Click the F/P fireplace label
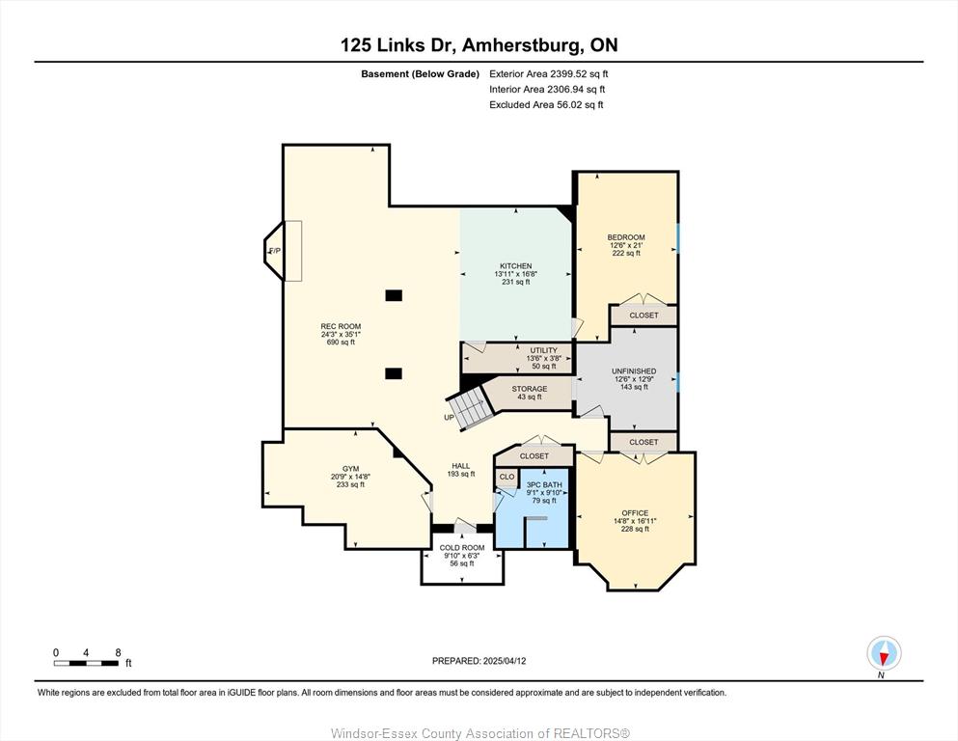pyautogui.click(x=275, y=251)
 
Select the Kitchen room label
pyautogui.click(x=515, y=266)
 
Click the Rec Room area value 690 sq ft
pyautogui.click(x=341, y=343)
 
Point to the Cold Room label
pyautogui.click(x=462, y=548)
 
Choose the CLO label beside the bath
pyautogui.click(x=507, y=477)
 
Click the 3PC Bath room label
pyautogui.click(x=544, y=485)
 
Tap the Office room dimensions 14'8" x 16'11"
pyautogui.click(x=636, y=521)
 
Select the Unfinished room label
pyautogui.click(x=634, y=371)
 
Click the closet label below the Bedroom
pyautogui.click(x=643, y=316)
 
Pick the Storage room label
pyautogui.click(x=530, y=389)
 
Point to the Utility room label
pyautogui.click(x=544, y=350)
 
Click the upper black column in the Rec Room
pyautogui.click(x=394, y=295)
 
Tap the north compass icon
pyautogui.click(x=884, y=654)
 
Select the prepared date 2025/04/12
pyautogui.click(x=505, y=661)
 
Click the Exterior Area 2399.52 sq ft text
pyautogui.click(x=549, y=74)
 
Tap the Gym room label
pyautogui.click(x=351, y=469)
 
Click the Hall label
pyautogui.click(x=461, y=466)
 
